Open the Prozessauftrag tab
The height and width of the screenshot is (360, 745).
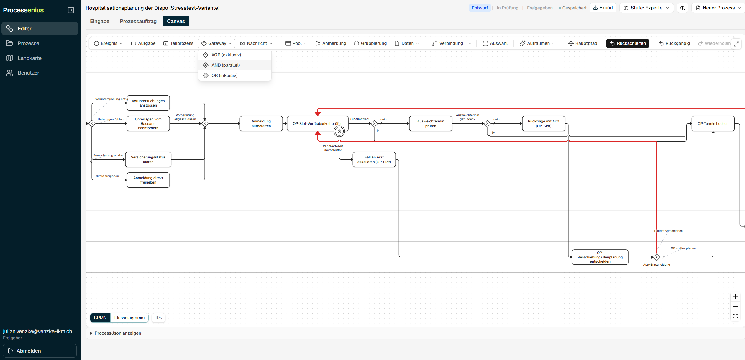tap(138, 21)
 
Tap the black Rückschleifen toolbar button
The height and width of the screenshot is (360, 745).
tap(627, 43)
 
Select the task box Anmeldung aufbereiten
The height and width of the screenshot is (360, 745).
tap(261, 124)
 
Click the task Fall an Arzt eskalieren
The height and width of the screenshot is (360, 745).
tap(374, 160)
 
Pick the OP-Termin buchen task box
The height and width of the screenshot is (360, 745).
tap(713, 124)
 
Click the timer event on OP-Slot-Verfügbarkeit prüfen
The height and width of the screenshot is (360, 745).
tap(339, 132)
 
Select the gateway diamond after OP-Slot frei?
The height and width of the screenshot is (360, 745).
tap(374, 124)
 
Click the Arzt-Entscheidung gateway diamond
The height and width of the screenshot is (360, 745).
tap(657, 257)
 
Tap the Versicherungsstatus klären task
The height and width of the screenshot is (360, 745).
tap(148, 160)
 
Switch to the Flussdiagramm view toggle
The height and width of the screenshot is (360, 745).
tap(129, 318)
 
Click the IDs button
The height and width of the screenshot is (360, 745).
tap(158, 318)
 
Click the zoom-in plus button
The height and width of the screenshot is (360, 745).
tap(735, 297)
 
